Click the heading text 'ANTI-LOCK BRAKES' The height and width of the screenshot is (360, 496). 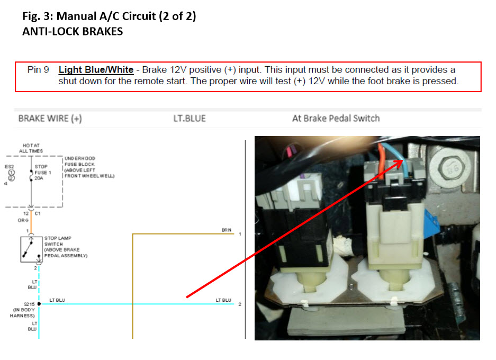pyautogui.click(x=73, y=31)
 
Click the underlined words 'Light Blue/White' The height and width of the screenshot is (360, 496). pyautogui.click(x=96, y=69)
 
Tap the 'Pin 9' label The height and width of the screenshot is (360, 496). pyautogui.click(x=38, y=69)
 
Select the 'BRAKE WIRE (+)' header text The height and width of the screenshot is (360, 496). pyautogui.click(x=50, y=118)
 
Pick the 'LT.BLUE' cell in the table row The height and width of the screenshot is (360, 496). pyautogui.click(x=190, y=118)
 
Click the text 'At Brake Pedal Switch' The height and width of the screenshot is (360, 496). pyautogui.click(x=336, y=118)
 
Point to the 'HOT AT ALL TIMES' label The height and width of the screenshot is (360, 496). pyautogui.click(x=31, y=148)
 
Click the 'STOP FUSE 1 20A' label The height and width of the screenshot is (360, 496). pyautogui.click(x=42, y=173)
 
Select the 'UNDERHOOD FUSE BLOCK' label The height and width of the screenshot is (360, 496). pyautogui.click(x=80, y=161)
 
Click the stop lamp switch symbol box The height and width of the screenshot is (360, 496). pyautogui.click(x=31, y=249)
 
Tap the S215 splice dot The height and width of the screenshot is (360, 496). pyautogui.click(x=39, y=304)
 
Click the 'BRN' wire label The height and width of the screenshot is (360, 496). pyautogui.click(x=226, y=230)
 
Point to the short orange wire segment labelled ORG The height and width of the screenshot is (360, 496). pyautogui.click(x=31, y=220)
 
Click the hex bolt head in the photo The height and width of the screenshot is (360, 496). pyautogui.click(x=450, y=168)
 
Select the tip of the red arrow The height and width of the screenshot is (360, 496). pyautogui.click(x=403, y=160)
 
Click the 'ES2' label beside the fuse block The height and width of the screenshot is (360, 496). pyautogui.click(x=9, y=167)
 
